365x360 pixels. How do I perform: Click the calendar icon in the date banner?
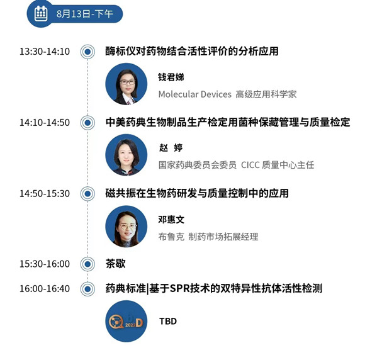coord(41,13)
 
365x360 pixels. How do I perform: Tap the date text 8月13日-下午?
coord(85,14)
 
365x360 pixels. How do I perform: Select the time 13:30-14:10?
coord(45,52)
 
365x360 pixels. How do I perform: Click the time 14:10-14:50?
coord(45,123)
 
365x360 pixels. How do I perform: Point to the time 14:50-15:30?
coord(45,193)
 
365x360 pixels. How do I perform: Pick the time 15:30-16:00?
coord(45,264)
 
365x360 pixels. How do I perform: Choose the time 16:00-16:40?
coord(45,289)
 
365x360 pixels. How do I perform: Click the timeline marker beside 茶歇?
coord(87,264)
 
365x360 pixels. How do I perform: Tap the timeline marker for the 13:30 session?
coord(87,52)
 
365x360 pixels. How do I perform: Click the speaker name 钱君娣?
coord(171,77)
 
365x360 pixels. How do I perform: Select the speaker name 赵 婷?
coord(171,148)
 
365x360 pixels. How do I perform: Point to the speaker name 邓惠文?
coord(171,220)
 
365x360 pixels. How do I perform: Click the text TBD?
coord(168,322)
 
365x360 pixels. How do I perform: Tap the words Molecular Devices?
coord(195,94)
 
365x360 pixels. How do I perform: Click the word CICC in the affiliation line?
coord(250,165)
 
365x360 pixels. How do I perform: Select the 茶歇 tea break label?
coord(115,264)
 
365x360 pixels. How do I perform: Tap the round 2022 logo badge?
coord(126,321)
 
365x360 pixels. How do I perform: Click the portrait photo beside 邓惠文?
coord(126,226)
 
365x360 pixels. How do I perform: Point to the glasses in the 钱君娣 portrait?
coord(127,82)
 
